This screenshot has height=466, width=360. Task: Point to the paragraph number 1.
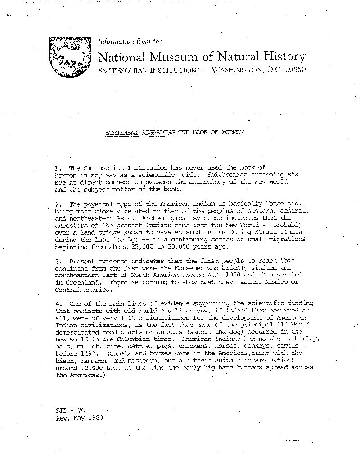pos(58,167)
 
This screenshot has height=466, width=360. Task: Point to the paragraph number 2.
pos(58,204)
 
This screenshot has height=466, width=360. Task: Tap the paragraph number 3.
pos(58,261)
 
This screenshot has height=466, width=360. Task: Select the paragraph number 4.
pos(58,303)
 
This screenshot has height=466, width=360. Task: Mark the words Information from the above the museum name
pos(130,41)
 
